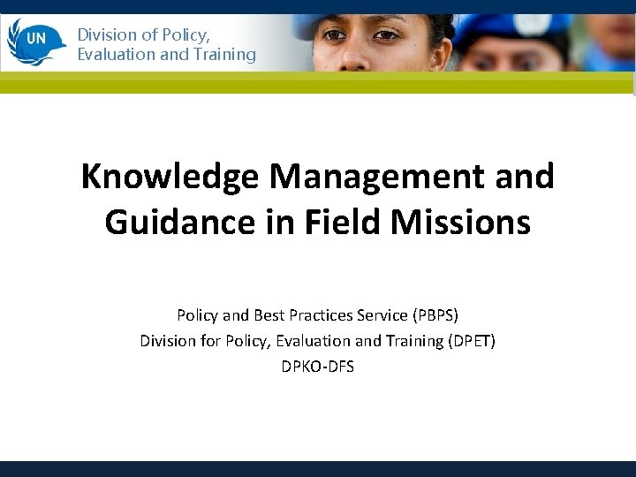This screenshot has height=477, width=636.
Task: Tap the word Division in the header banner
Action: tap(106, 35)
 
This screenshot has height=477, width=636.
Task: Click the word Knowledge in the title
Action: tap(170, 177)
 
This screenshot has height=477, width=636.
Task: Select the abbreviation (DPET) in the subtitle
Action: tap(467, 340)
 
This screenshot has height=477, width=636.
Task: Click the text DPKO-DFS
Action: tap(317, 366)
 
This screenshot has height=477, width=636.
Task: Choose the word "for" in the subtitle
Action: tap(209, 340)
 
